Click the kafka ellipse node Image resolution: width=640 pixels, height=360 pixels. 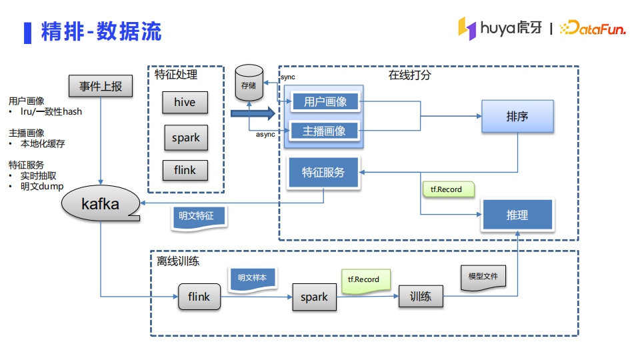101,204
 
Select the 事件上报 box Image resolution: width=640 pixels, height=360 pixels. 101,86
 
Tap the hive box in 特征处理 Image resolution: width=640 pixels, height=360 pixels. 185,102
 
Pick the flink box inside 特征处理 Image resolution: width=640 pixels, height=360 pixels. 185,170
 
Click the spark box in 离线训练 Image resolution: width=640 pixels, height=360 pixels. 314,297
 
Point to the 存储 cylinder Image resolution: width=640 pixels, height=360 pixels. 249,83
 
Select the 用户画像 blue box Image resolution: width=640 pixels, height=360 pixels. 325,102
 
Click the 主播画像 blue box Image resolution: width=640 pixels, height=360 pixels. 325,131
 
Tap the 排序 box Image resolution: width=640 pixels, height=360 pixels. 517,117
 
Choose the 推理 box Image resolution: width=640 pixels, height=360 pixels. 517,215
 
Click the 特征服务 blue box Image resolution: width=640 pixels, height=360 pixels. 323,173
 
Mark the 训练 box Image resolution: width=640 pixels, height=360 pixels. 421,296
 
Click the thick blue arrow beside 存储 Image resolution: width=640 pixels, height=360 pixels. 253,113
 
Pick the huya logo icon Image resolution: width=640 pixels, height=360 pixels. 467,27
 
